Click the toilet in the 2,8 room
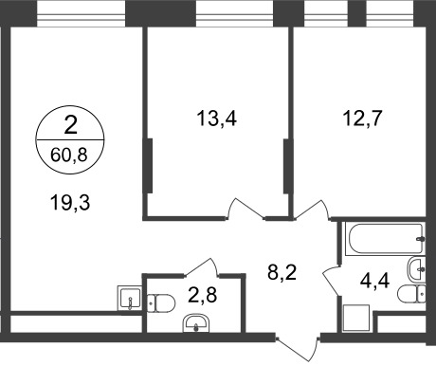tap(162, 302)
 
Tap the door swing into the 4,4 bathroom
tap(332, 278)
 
